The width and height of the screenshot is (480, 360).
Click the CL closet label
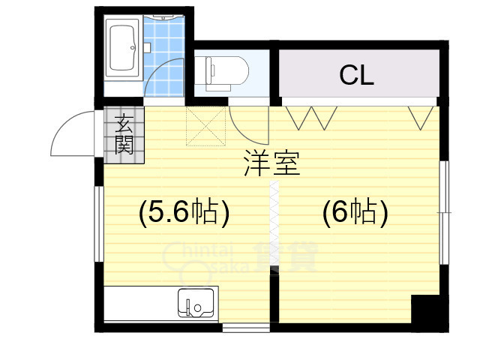pos(357,75)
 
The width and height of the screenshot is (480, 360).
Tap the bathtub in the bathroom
pos(123,48)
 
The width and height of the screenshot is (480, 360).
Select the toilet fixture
pos(226,73)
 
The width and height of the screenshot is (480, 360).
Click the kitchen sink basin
pos(196,303)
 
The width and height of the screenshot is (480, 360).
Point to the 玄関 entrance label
pos(124,134)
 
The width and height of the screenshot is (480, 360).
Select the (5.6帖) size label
pos(184,212)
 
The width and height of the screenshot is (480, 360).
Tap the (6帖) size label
pos(355,212)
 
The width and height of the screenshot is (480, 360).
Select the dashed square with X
pos(205,126)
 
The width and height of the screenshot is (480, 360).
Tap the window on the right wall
pos(444,212)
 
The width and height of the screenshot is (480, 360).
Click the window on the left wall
pos(99,223)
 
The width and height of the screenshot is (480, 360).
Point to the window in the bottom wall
pos(246,328)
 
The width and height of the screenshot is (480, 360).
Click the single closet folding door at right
pos(421,118)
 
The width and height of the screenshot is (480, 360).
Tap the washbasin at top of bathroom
pos(163,17)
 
